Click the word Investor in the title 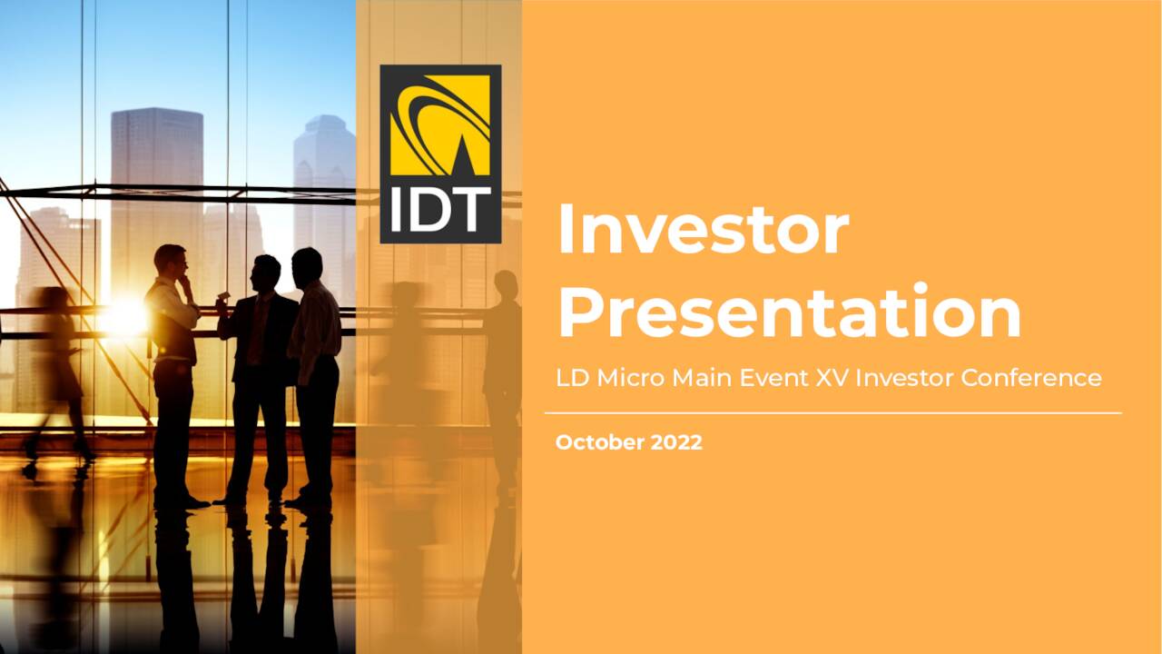703,230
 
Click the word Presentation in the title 789,311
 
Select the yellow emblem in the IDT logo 440,124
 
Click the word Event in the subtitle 773,378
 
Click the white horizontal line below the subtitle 832,413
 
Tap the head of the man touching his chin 171,262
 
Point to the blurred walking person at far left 56,363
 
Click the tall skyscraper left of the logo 156,182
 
